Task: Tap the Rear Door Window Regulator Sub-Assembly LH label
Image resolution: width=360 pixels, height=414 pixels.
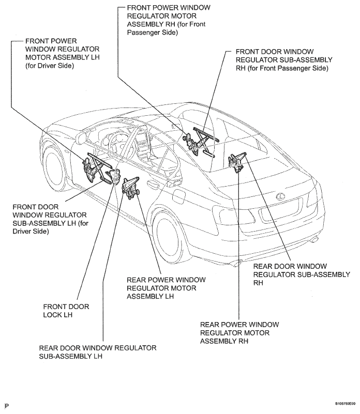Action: pyautogui.click(x=98, y=352)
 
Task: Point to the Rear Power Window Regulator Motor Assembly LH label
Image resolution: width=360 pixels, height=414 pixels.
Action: pyautogui.click(x=166, y=288)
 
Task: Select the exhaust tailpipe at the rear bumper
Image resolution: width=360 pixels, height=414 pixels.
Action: pyautogui.click(x=314, y=239)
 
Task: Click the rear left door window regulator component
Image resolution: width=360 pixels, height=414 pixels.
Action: pyautogui.click(x=130, y=186)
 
